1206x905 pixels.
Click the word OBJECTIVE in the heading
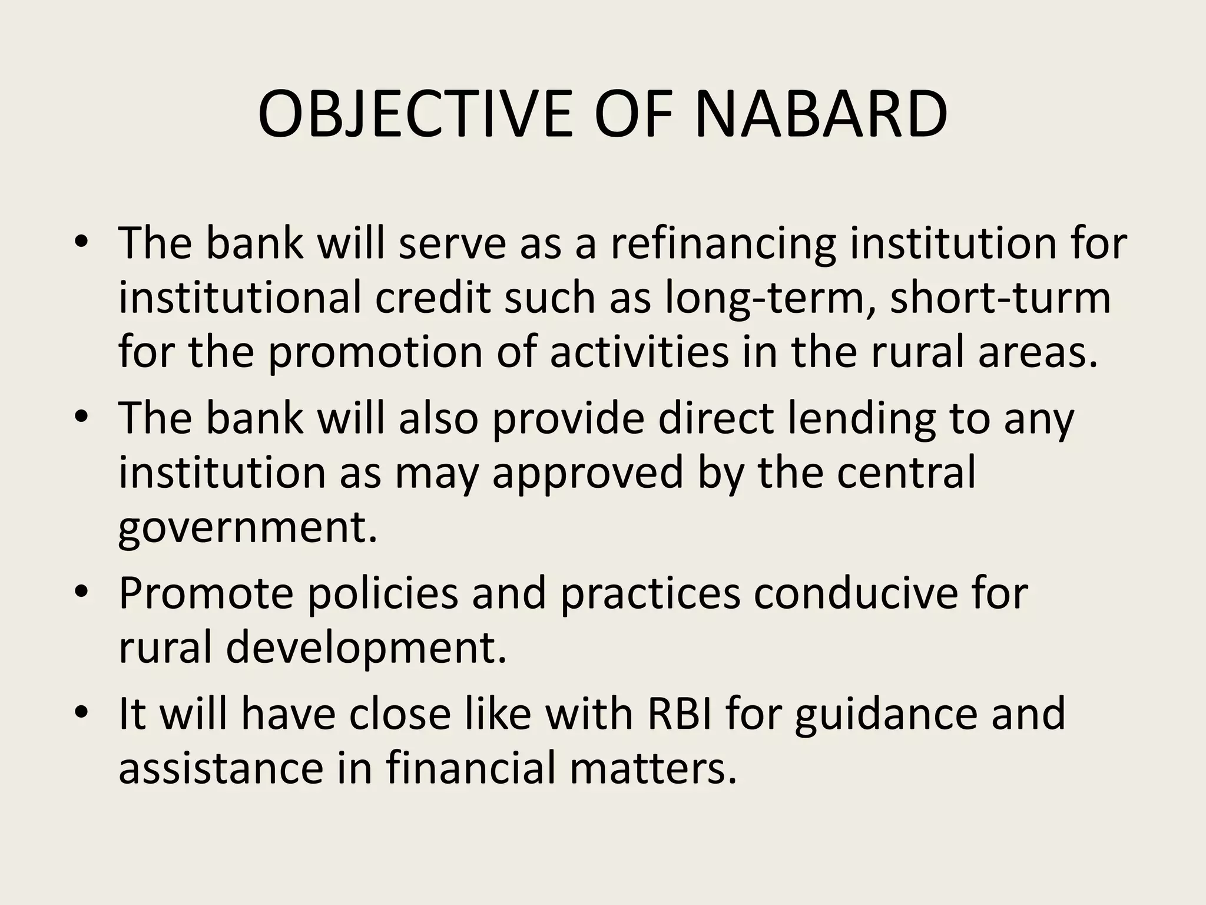pyautogui.click(x=415, y=114)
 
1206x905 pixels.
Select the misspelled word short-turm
pyautogui.click(x=1000, y=298)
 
